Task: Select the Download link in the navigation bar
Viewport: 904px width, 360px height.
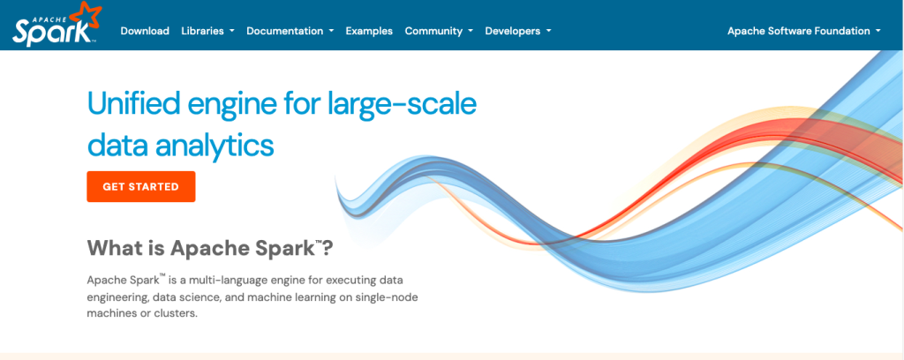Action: click(145, 31)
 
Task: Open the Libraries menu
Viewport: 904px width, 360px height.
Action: click(207, 31)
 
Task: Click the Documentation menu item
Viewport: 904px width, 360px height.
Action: click(290, 31)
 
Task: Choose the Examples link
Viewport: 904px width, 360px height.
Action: click(369, 31)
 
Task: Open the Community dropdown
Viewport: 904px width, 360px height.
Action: click(439, 31)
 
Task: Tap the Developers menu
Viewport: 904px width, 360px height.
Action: click(517, 31)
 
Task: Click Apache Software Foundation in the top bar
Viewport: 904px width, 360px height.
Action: click(803, 31)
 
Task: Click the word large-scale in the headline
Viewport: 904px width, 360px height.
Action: click(402, 105)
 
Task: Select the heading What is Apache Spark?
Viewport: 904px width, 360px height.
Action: click(210, 248)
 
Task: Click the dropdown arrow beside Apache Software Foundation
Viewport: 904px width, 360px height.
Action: click(878, 31)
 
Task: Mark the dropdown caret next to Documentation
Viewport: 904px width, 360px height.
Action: click(332, 31)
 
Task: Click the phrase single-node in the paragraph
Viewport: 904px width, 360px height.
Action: click(388, 297)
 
